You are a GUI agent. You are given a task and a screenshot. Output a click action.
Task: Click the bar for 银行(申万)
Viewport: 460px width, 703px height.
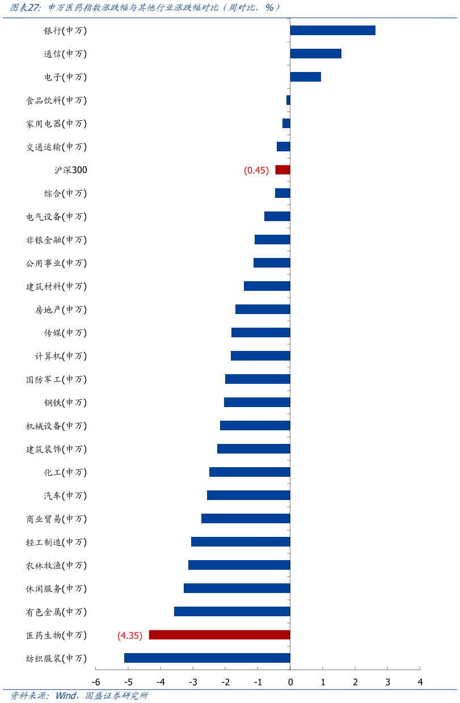[332, 31]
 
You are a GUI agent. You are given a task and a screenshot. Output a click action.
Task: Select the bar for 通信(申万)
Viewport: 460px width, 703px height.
[315, 54]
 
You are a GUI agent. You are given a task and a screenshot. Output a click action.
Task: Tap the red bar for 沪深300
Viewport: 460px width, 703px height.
[282, 170]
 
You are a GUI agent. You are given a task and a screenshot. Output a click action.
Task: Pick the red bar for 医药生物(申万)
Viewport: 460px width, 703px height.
[220, 635]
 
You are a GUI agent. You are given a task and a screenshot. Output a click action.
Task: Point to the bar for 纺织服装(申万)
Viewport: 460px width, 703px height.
[207, 658]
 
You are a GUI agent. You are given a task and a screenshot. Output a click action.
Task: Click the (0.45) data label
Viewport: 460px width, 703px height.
[256, 170]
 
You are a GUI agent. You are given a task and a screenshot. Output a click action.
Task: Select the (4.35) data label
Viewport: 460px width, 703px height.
[130, 636]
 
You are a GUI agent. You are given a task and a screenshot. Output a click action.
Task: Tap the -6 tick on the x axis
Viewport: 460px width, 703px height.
[96, 682]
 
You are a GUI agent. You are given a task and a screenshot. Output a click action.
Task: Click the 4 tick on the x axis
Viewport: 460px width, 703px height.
[420, 682]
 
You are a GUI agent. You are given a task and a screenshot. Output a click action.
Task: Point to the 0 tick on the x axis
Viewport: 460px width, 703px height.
[290, 682]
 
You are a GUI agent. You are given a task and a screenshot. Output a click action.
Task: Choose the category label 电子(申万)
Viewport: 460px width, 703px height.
[65, 77]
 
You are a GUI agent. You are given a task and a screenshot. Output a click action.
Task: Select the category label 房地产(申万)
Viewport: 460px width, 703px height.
[61, 310]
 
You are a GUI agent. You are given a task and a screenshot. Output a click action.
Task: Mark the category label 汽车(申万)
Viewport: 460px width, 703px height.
[65, 496]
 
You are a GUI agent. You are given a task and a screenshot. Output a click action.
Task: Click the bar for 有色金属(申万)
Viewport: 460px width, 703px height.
[232, 612]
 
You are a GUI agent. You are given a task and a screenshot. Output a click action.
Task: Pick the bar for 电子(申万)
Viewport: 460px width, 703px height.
[305, 77]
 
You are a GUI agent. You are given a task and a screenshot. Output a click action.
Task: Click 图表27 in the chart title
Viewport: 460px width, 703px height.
[26, 8]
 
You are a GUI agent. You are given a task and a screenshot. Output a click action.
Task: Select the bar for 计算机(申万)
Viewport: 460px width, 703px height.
[260, 356]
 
